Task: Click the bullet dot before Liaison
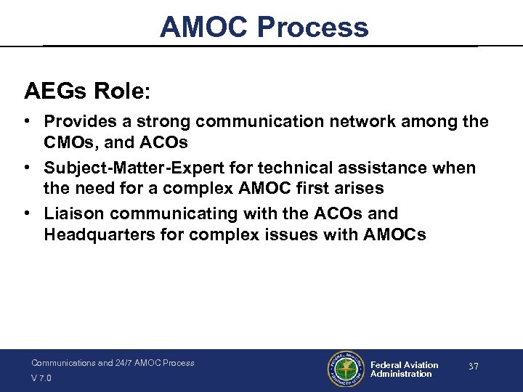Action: (x=30, y=214)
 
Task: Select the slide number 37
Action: (x=473, y=367)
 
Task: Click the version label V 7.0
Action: (x=41, y=378)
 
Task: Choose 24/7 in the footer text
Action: (x=126, y=363)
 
